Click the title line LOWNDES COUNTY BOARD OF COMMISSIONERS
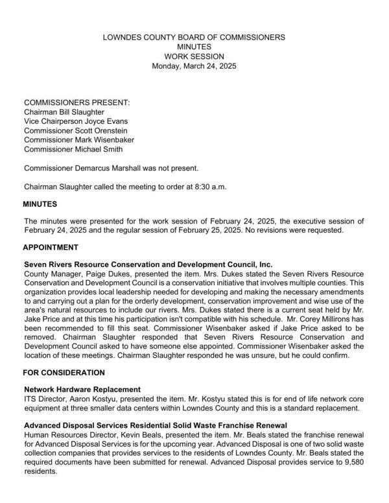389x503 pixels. [x=194, y=38]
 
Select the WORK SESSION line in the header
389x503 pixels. [x=194, y=56]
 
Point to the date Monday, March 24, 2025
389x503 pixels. [x=194, y=66]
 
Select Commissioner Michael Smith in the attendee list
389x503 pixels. [x=75, y=149]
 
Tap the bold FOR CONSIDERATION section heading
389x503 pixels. [x=64, y=373]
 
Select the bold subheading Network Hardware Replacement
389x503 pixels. [x=82, y=389]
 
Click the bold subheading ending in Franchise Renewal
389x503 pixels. [x=156, y=425]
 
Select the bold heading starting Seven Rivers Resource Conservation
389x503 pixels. [x=148, y=264]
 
